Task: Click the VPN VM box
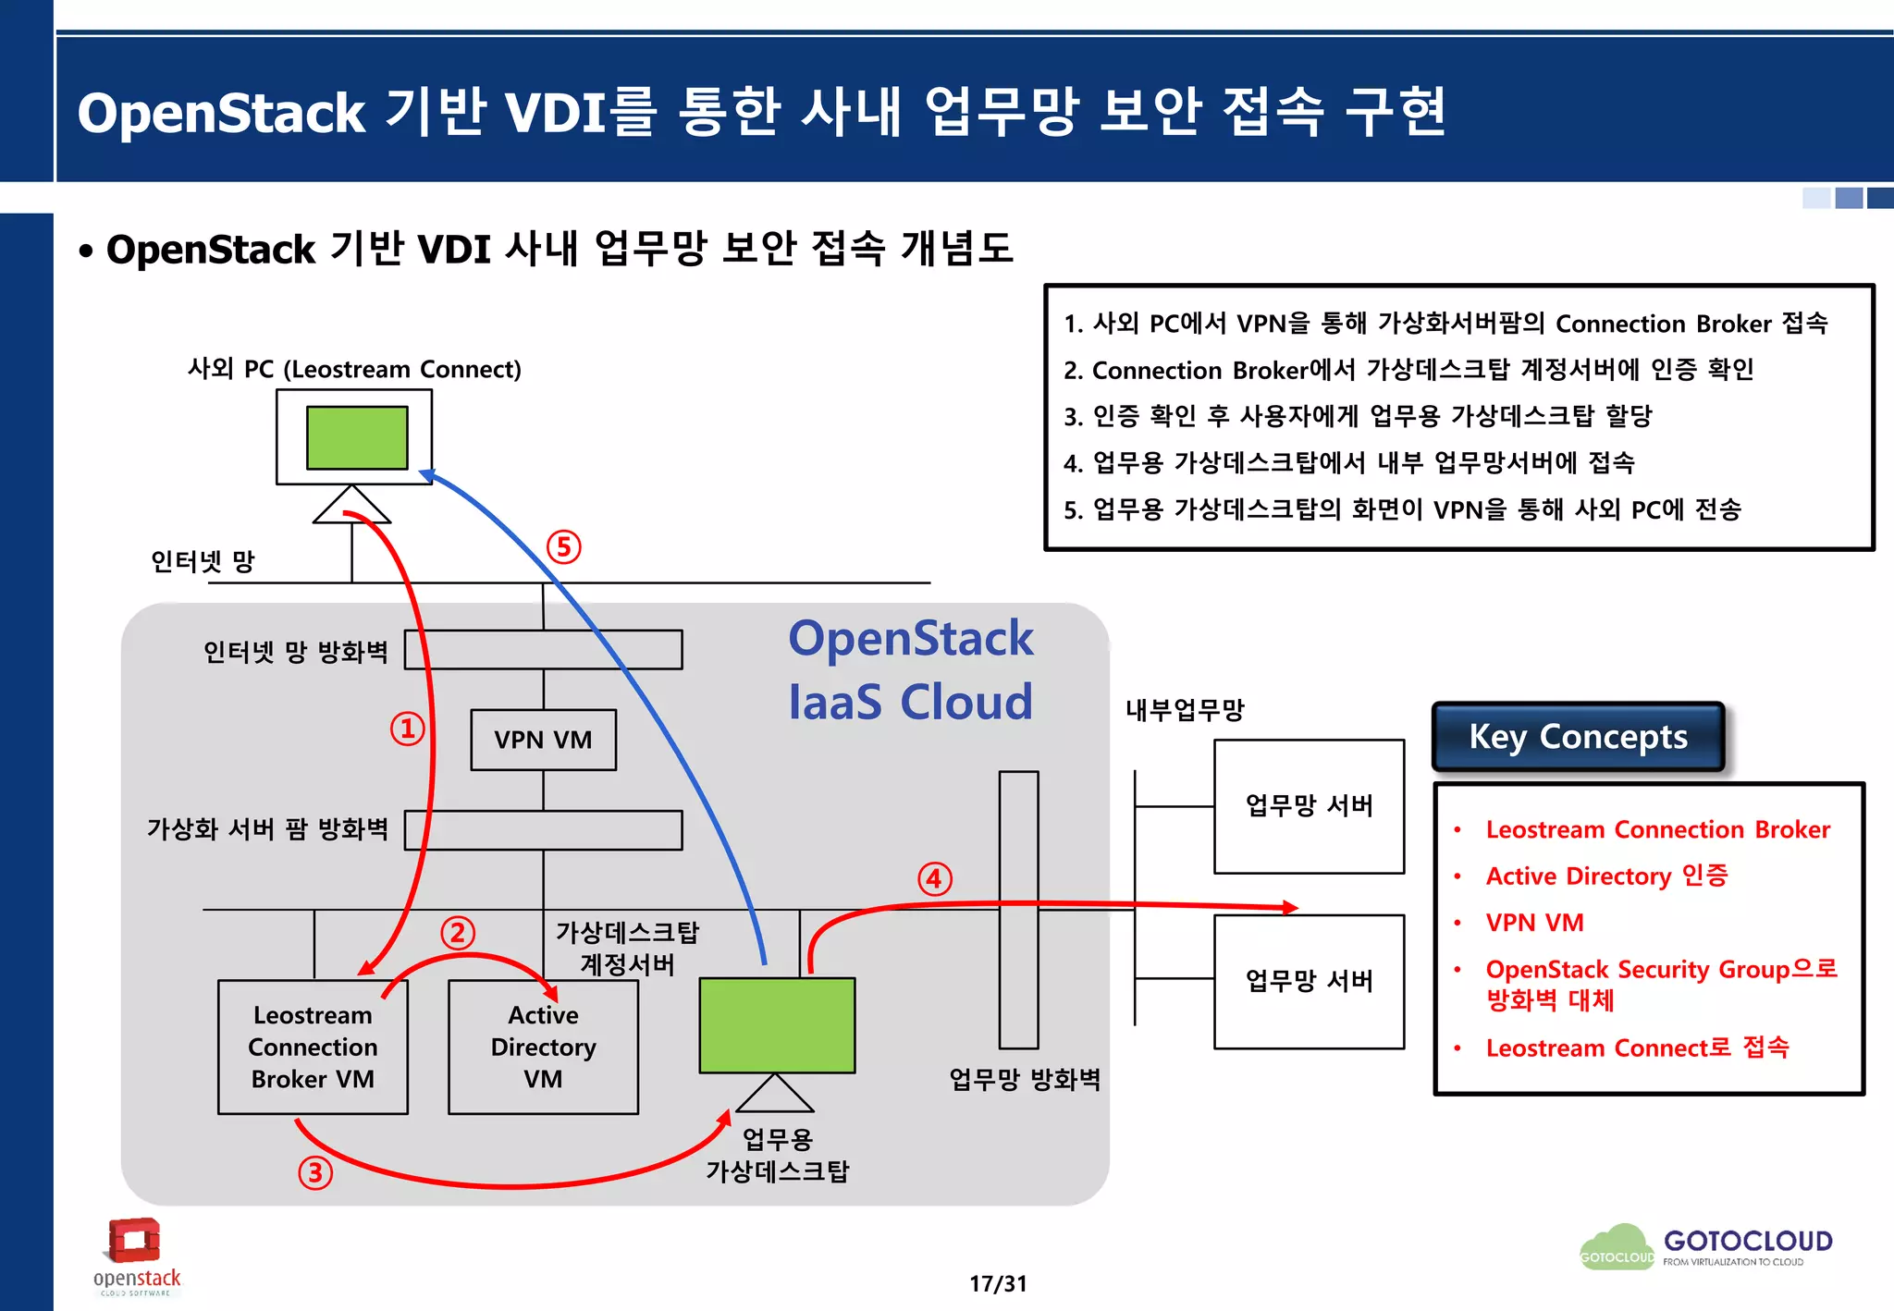543,740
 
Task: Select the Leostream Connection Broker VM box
313,1048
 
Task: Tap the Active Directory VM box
543,1048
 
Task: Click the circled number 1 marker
407,729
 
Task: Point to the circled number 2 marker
457,933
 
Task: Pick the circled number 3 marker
315,1172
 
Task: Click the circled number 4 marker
934,878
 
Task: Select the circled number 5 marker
563,547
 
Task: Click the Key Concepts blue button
1578,737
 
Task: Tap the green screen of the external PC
357,437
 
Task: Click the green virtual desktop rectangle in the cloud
777,1025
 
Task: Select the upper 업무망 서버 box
1309,805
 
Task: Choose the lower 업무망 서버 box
1309,981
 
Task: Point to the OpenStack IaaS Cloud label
910,669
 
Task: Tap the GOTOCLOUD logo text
1747,1241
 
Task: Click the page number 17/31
997,1283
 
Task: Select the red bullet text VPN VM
1534,923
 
